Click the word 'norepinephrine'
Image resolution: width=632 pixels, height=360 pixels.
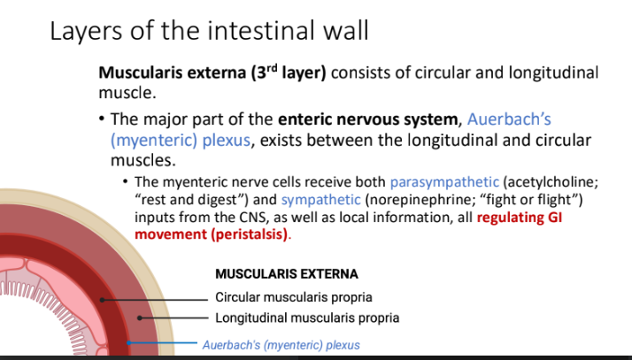416,200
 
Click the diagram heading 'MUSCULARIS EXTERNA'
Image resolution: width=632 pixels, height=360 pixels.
286,275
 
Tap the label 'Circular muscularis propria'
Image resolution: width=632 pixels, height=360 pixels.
293,297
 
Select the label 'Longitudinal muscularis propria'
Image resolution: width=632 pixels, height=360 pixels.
307,318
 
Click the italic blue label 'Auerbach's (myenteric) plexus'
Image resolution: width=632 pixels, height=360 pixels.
281,345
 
